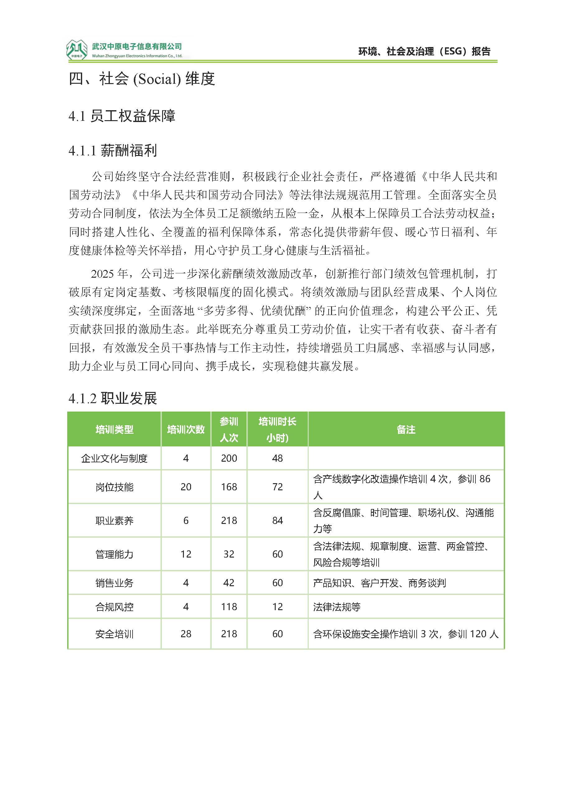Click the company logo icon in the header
[77, 50]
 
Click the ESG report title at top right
[424, 52]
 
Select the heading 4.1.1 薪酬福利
[113, 151]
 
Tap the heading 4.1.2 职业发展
[113, 398]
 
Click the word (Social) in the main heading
[157, 79]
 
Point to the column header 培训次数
[185, 430]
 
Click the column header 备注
[406, 430]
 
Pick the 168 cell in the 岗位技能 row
[229, 487]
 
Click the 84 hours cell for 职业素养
[277, 521]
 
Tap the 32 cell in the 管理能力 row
[229, 554]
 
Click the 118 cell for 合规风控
[229, 607]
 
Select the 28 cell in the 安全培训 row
[185, 634]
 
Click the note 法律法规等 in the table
[337, 607]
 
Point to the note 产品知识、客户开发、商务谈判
[379, 583]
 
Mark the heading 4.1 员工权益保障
[122, 116]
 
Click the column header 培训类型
[115, 430]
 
